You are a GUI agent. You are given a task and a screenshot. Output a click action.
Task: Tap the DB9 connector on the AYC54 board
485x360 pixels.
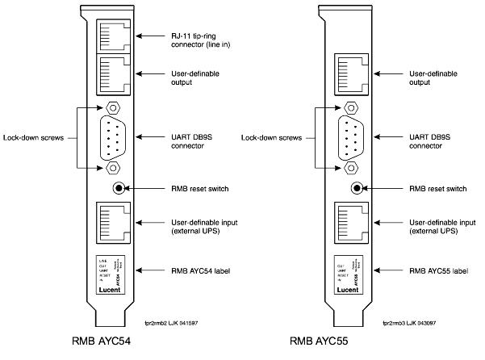[113, 136]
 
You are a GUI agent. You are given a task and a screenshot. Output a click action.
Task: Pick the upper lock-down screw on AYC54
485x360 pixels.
[113, 107]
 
